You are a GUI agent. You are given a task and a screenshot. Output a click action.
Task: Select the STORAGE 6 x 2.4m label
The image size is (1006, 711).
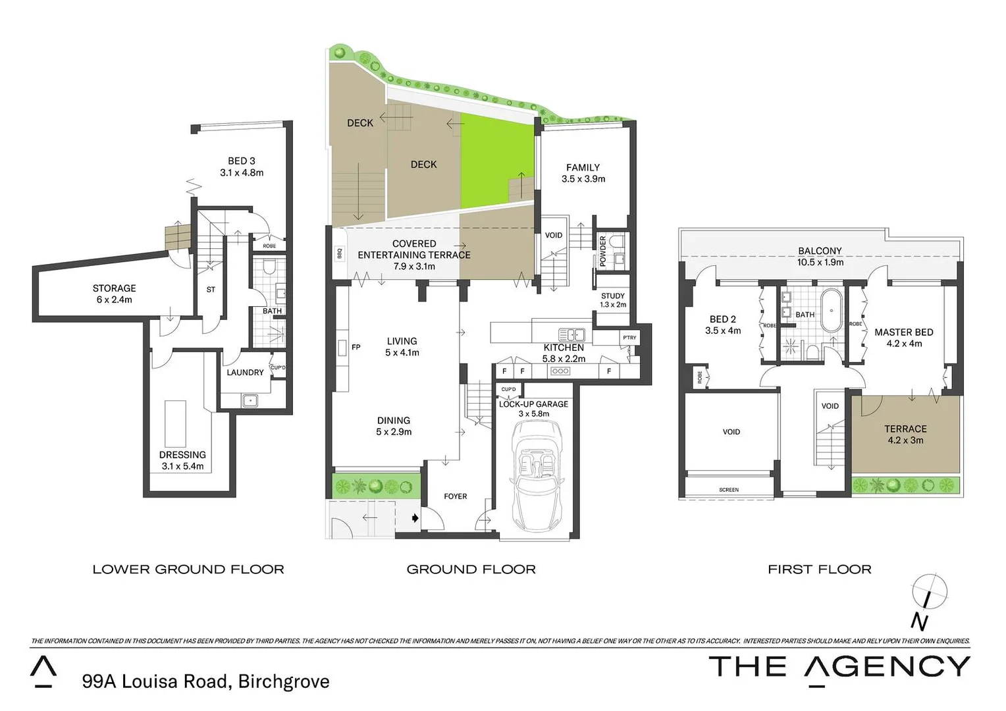click(x=114, y=294)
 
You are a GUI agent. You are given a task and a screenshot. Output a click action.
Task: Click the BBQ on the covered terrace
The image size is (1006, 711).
click(x=340, y=253)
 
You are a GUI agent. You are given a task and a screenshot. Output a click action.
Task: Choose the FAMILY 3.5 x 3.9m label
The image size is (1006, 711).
click(x=583, y=173)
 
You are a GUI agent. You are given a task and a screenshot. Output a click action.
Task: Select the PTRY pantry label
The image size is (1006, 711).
click(x=629, y=338)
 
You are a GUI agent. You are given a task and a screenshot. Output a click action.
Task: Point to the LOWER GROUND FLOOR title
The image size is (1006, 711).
click(x=188, y=569)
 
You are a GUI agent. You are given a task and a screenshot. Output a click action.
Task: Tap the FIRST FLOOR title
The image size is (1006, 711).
click(x=819, y=569)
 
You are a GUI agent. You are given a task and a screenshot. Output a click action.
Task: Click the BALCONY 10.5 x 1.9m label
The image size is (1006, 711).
click(x=820, y=256)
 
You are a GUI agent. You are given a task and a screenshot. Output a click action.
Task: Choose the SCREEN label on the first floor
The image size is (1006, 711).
click(x=729, y=490)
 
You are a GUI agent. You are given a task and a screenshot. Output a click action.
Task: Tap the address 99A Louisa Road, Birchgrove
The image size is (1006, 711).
click(x=205, y=681)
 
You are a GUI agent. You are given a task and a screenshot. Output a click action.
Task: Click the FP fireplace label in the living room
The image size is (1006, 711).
click(x=356, y=347)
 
